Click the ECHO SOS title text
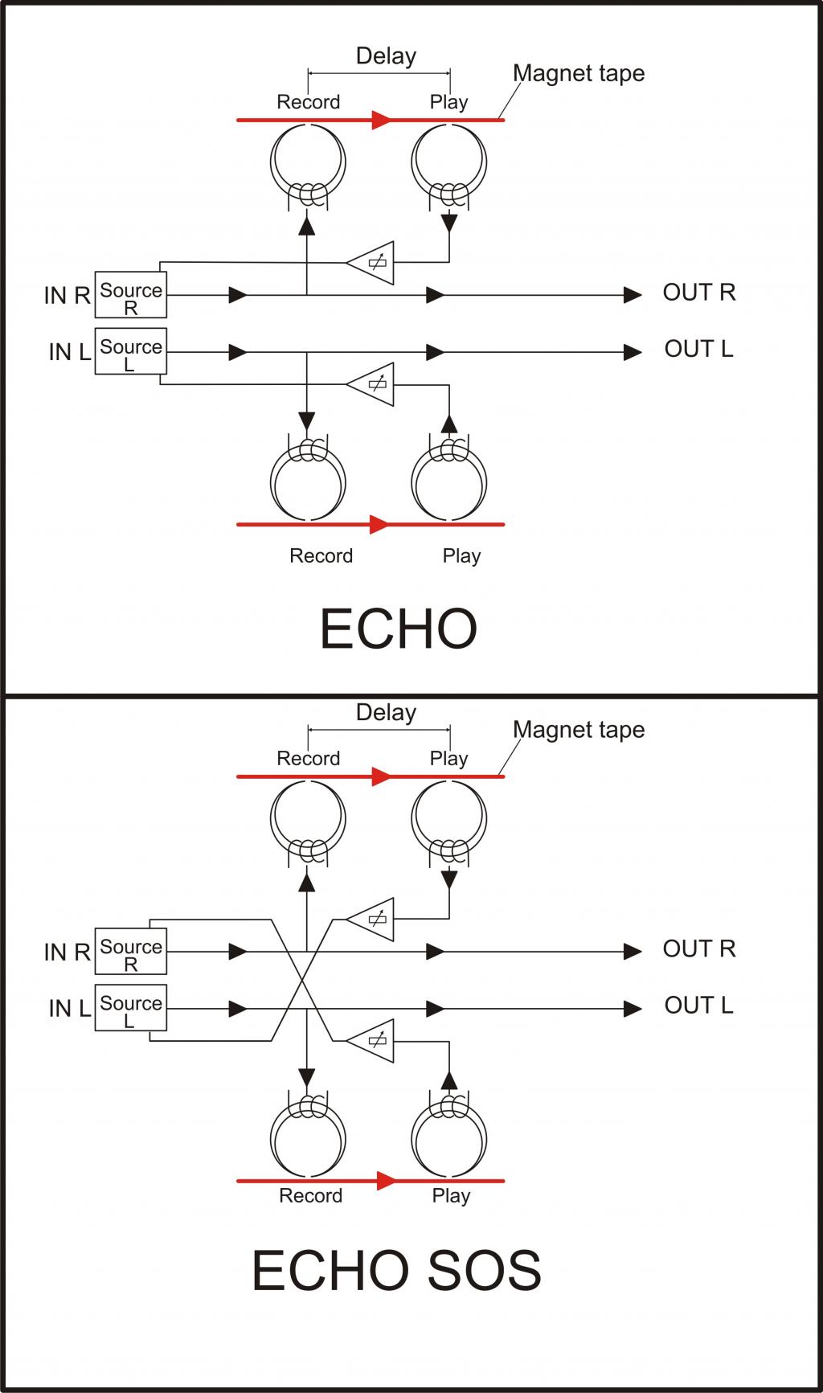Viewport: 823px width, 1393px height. (396, 1271)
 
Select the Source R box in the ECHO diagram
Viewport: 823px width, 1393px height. (131, 295)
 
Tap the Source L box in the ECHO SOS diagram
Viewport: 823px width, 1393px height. (131, 1008)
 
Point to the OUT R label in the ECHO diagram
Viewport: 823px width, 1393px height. (698, 293)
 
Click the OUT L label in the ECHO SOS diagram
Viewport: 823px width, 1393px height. (698, 1006)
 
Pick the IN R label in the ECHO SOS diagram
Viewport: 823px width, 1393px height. (67, 953)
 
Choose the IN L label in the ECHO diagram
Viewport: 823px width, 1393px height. (69, 352)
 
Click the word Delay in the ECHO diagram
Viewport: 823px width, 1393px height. (386, 56)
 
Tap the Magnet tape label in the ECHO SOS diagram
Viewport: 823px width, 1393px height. (579, 730)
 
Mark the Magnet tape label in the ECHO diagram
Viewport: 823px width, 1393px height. (579, 73)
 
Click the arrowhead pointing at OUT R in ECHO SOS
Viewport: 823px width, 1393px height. (633, 952)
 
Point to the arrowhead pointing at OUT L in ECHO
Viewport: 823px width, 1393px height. (633, 352)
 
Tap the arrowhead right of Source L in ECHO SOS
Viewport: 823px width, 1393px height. (238, 1009)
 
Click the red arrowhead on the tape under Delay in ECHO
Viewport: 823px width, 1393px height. (380, 121)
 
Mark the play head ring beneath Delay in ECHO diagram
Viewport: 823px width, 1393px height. (449, 162)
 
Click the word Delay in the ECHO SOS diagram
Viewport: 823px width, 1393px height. (386, 713)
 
